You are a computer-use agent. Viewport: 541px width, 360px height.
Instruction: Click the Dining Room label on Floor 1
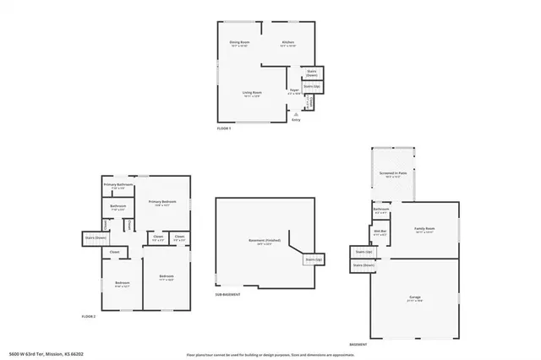click(x=240, y=43)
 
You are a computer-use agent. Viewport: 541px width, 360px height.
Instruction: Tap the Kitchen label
click(x=287, y=43)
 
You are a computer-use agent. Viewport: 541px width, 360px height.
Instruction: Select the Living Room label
click(x=252, y=94)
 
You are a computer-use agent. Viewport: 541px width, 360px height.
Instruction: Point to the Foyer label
click(x=295, y=90)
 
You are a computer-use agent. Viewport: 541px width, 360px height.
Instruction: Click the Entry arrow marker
click(x=296, y=115)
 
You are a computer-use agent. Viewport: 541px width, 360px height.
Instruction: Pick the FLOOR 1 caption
click(x=224, y=129)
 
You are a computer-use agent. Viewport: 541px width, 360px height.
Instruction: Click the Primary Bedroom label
click(x=162, y=203)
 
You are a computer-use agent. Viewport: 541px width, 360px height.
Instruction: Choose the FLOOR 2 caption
click(x=89, y=316)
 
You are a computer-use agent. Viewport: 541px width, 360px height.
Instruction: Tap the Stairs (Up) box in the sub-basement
click(x=313, y=259)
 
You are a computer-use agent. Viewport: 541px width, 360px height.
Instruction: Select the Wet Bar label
click(x=380, y=232)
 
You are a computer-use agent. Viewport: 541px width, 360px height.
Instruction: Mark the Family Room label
click(x=424, y=230)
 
